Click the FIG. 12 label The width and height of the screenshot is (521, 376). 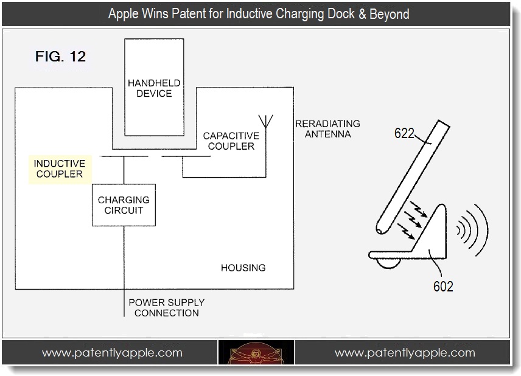point(60,58)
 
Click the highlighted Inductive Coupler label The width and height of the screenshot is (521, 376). point(58,169)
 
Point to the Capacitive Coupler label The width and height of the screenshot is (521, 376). point(231,141)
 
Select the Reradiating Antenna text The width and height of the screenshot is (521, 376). point(327,128)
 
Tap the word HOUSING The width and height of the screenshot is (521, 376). point(243,267)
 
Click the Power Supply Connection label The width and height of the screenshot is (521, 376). point(166,307)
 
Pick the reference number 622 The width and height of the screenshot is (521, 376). point(404,133)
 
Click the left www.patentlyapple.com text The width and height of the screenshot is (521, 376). point(112,353)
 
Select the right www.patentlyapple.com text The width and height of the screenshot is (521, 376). point(405,353)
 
